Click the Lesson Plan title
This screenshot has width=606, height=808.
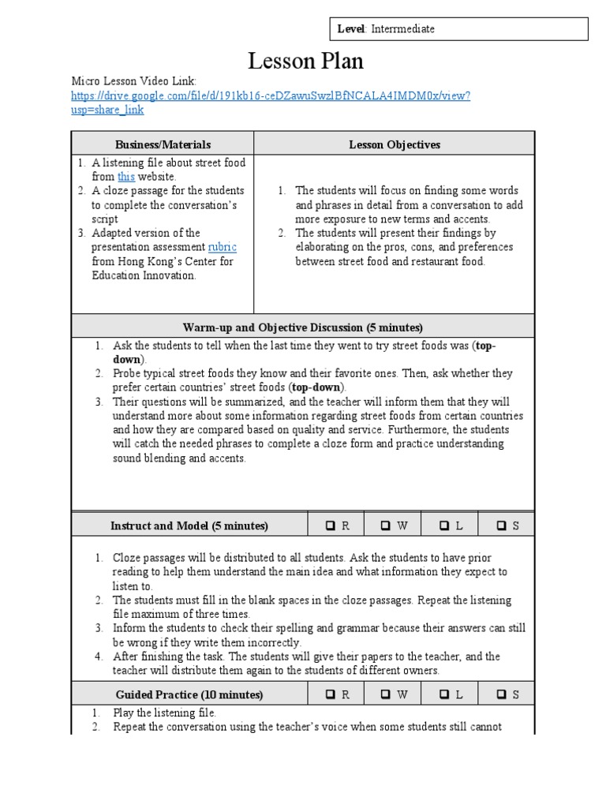[295, 61]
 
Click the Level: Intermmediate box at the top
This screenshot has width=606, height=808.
[458, 29]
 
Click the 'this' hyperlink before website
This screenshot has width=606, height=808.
[126, 177]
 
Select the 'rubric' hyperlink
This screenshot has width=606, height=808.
[222, 247]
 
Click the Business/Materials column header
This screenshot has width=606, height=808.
[163, 144]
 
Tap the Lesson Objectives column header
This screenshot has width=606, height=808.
[395, 144]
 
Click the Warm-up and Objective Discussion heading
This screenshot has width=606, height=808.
[303, 327]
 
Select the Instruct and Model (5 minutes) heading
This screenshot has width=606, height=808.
[189, 526]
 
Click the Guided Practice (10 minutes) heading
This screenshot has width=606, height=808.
[189, 694]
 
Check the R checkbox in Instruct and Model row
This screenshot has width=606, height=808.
[330, 526]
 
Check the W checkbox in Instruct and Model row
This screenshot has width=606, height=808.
[386, 526]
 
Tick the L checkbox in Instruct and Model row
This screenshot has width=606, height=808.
[443, 526]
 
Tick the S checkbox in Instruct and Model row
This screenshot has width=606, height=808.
[500, 526]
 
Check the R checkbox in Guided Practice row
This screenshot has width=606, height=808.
[330, 694]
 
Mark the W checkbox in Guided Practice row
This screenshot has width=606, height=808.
[386, 694]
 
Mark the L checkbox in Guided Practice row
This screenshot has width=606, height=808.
[443, 694]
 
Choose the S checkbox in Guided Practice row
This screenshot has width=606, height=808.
[500, 694]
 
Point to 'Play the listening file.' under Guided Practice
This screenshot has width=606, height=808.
[164, 713]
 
